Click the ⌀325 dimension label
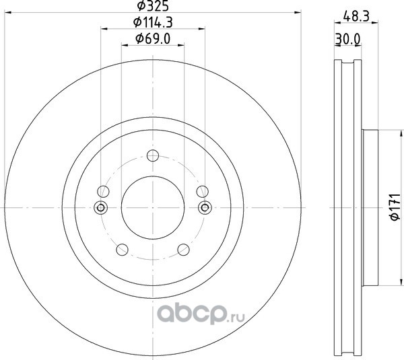(x=153, y=5)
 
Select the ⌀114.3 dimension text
(x=153, y=22)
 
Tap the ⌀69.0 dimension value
(x=153, y=39)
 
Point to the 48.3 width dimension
(x=356, y=16)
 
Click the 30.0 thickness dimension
(x=347, y=40)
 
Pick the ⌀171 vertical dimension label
(x=395, y=207)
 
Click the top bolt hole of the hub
(x=153, y=155)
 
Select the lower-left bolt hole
(x=122, y=249)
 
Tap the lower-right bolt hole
(x=183, y=249)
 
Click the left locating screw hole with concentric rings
(x=101, y=207)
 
